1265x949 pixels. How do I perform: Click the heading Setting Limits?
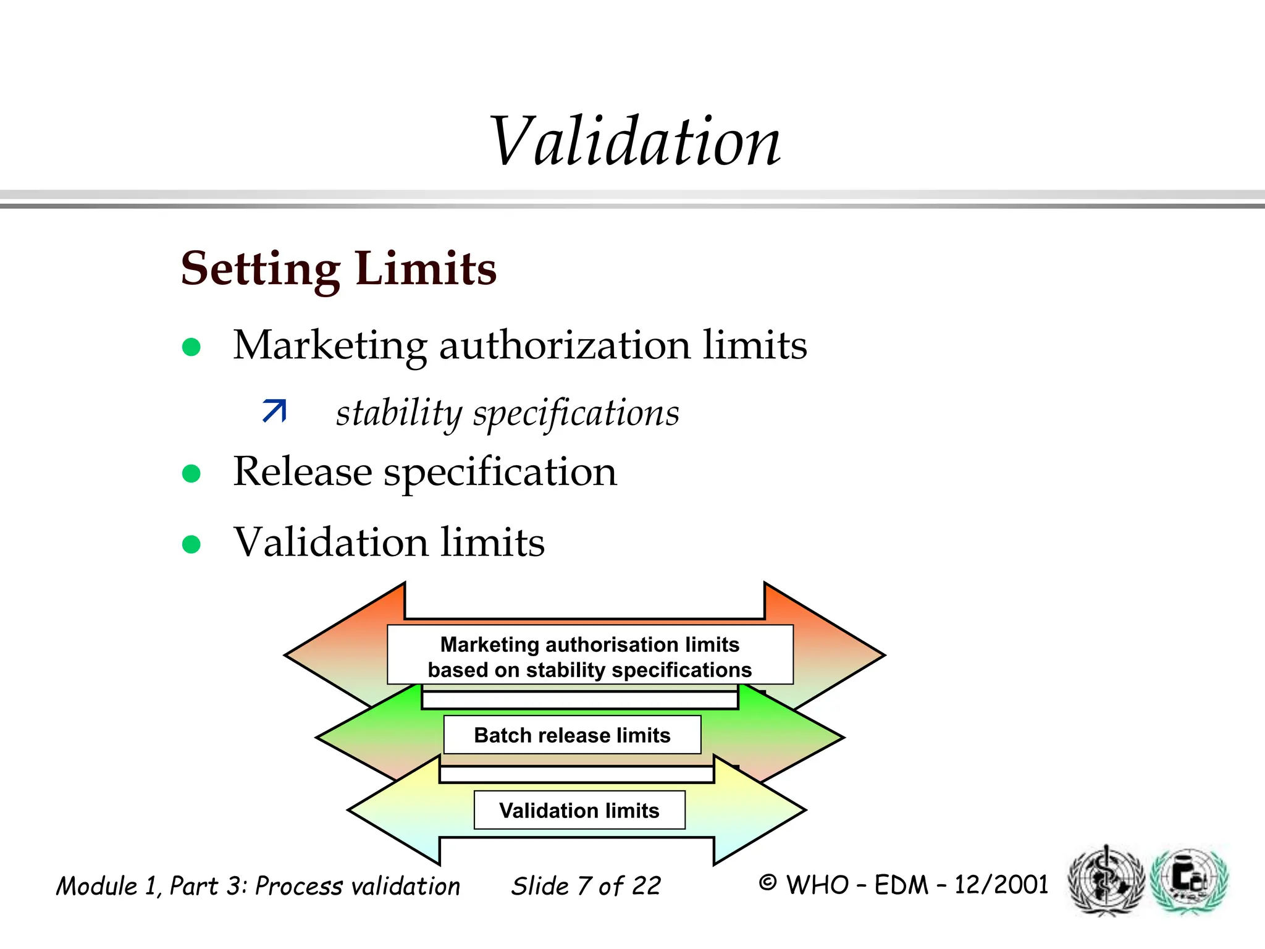pyautogui.click(x=338, y=269)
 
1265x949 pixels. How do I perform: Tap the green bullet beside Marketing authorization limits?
pyautogui.click(x=191, y=347)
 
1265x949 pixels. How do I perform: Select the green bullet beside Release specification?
pyautogui.click(x=191, y=474)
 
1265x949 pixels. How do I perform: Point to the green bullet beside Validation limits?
pyautogui.click(x=191, y=544)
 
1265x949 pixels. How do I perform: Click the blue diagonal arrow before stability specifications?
pyautogui.click(x=274, y=411)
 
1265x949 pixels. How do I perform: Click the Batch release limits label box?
pyautogui.click(x=572, y=735)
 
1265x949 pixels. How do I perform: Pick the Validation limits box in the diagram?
pyautogui.click(x=579, y=810)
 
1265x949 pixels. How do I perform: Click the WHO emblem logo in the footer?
pyautogui.click(x=1106, y=880)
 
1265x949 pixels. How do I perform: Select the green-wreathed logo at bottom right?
pyautogui.click(x=1190, y=880)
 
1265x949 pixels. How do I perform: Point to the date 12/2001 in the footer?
pyautogui.click(x=1001, y=885)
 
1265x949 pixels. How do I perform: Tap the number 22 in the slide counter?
pyautogui.click(x=647, y=886)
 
